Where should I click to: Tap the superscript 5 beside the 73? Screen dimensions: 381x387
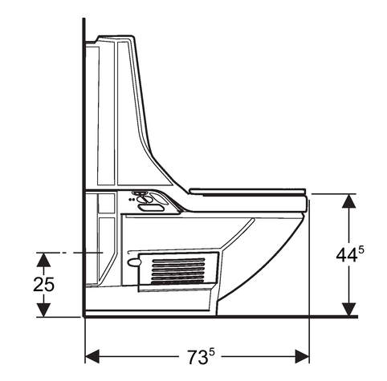(x=212, y=347)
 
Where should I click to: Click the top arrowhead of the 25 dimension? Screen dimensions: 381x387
(x=44, y=259)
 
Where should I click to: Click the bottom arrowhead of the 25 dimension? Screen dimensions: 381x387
(x=44, y=310)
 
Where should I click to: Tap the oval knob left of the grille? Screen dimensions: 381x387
(x=133, y=262)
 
